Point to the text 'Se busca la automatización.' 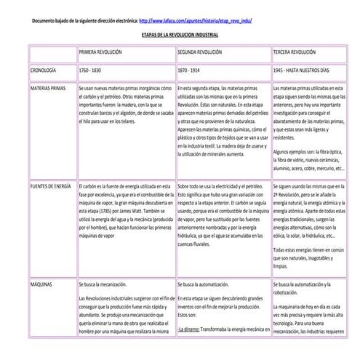pos(208,284)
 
